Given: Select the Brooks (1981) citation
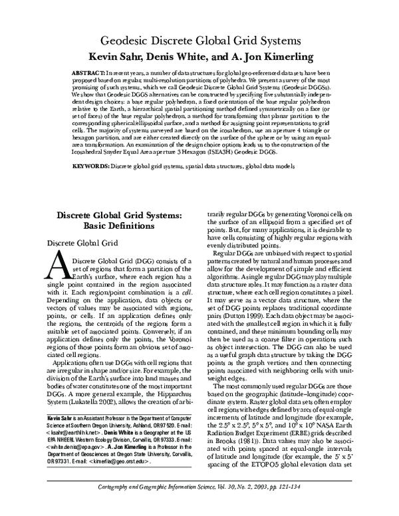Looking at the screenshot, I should pyautogui.click(x=229, y=440).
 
